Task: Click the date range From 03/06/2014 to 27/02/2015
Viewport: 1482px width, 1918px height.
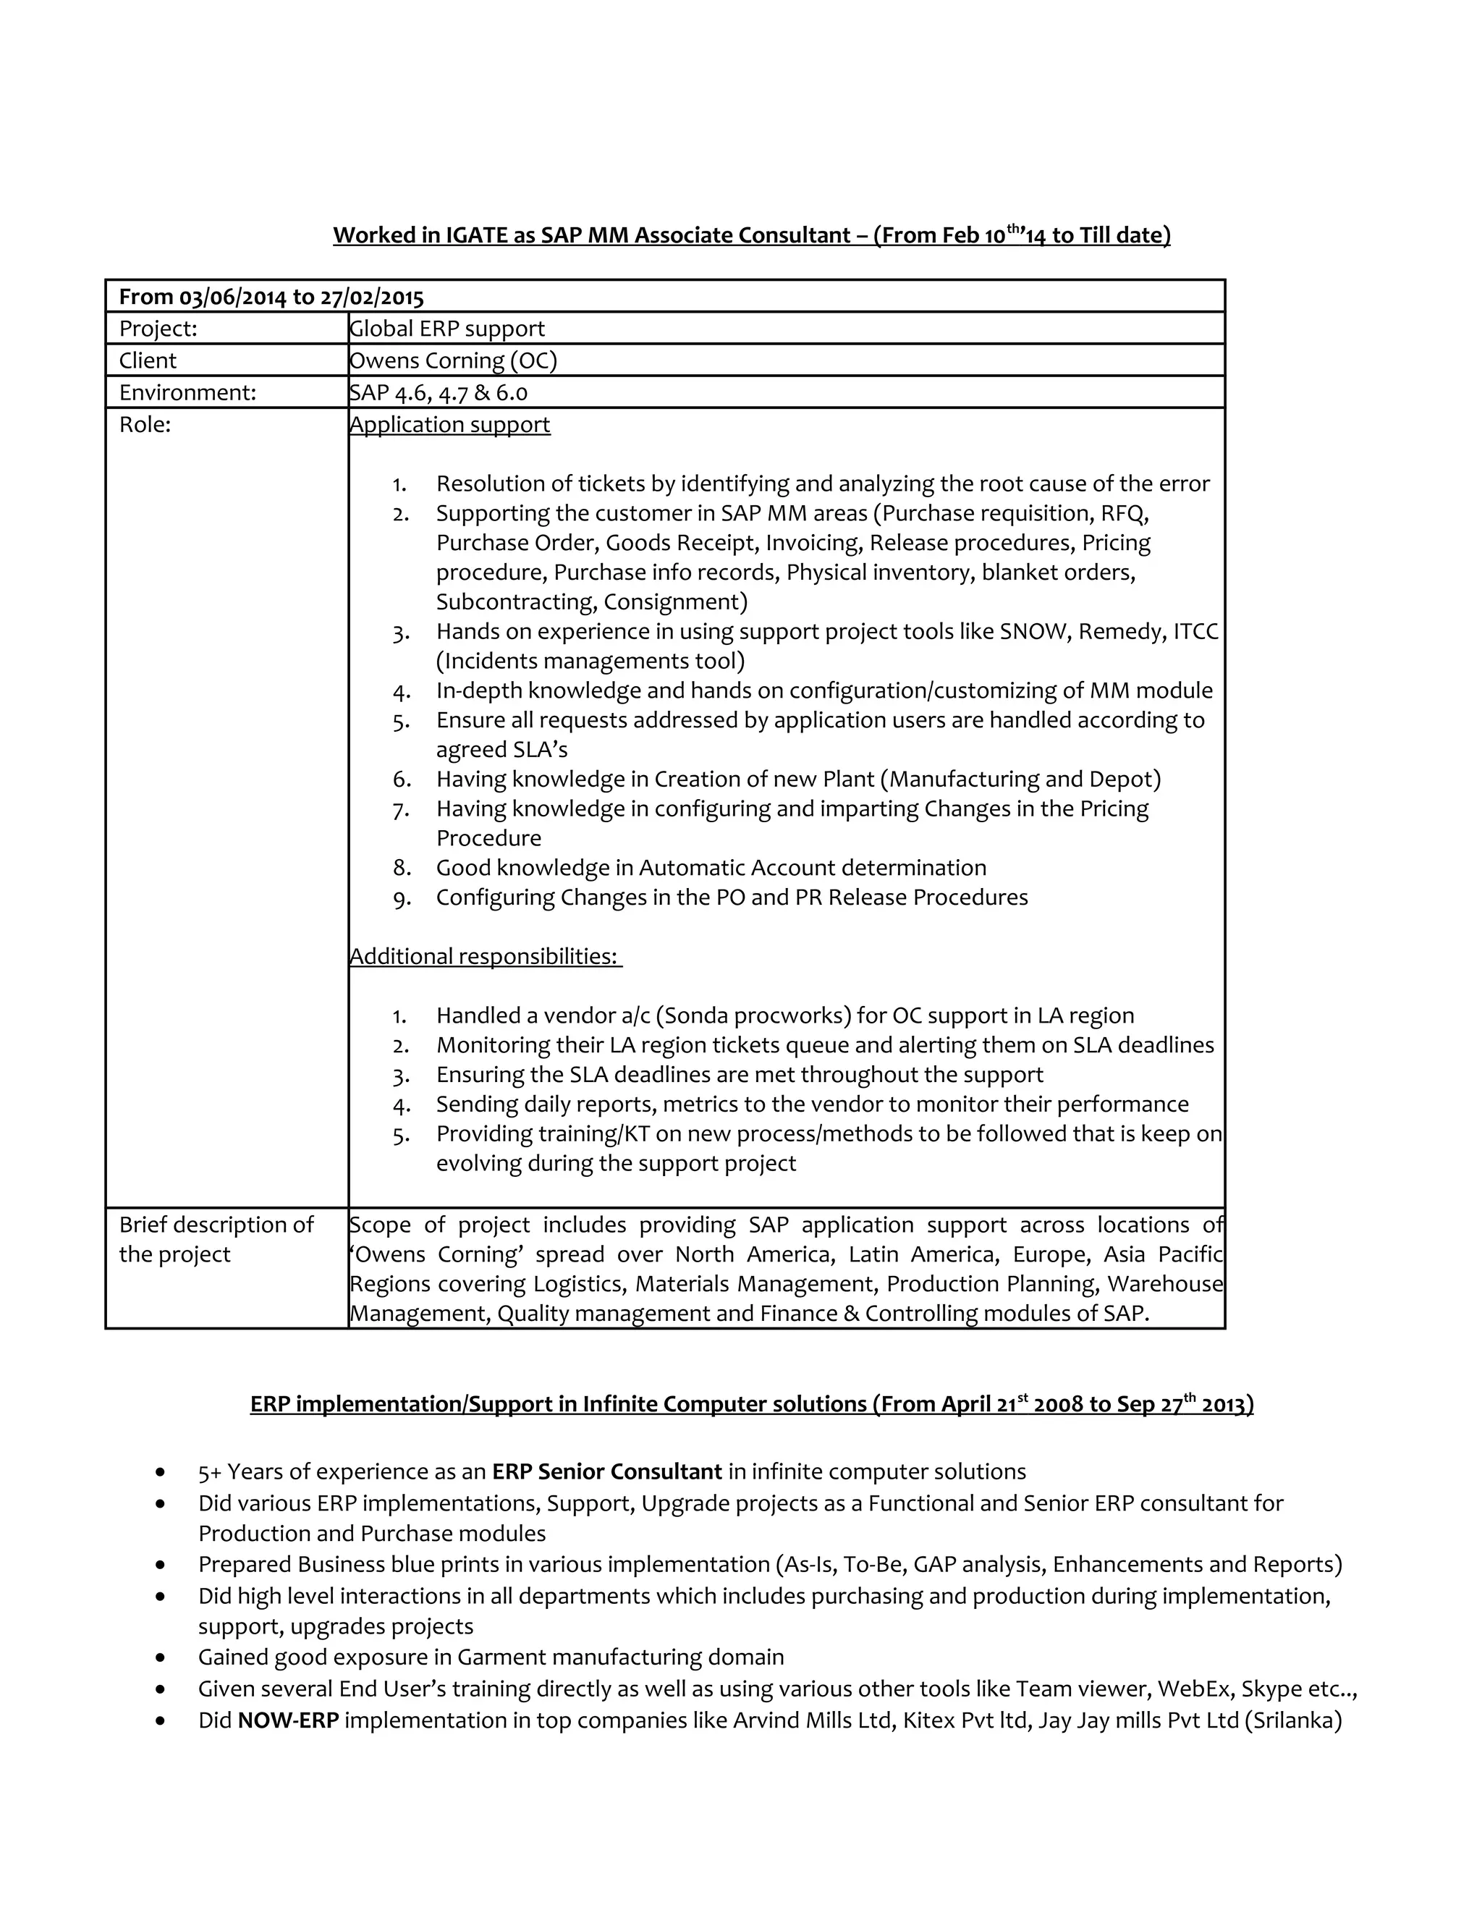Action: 271,297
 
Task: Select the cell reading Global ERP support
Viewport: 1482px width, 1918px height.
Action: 447,329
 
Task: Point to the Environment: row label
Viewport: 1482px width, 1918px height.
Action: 187,392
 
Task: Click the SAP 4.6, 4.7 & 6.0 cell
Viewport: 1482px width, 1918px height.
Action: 438,392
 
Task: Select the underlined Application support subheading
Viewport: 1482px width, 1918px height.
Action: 449,424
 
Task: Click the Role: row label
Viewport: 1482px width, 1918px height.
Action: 145,424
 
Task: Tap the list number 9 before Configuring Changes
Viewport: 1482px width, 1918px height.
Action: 401,897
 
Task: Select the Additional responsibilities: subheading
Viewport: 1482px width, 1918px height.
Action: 484,956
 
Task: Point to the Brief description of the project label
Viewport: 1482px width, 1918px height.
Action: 216,1239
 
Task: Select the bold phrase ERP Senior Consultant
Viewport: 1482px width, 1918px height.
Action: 606,1472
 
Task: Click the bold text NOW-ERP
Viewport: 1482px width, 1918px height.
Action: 288,1720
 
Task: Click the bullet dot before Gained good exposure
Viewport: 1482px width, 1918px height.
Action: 160,1658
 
